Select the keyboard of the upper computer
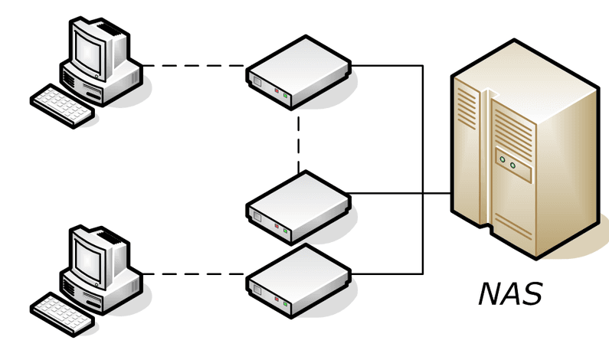click(61, 105)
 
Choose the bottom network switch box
click(299, 280)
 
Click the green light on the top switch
click(286, 97)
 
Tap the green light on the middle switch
click(286, 230)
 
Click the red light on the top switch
click(277, 92)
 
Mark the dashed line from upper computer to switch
click(195, 66)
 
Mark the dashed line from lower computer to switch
click(195, 273)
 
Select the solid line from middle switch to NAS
click(398, 194)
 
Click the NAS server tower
click(525, 153)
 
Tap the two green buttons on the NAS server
click(508, 161)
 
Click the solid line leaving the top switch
click(387, 66)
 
